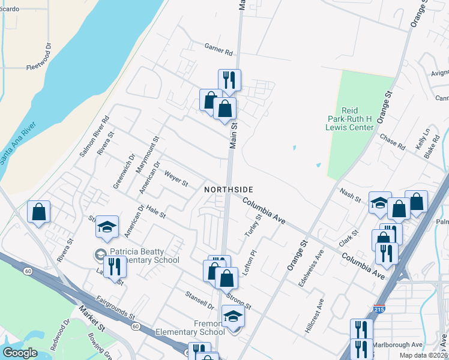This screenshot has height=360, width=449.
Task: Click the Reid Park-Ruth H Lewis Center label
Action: pos(358,119)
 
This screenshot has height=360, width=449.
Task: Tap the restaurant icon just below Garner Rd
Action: pos(229,80)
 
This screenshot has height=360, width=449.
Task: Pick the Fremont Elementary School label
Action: pos(190,327)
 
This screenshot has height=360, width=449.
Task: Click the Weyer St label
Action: pos(176,178)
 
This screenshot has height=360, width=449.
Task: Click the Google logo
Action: pos(20,353)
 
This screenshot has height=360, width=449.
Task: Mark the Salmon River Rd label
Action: pos(94,136)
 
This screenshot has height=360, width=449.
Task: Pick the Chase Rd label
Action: pos(392,141)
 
